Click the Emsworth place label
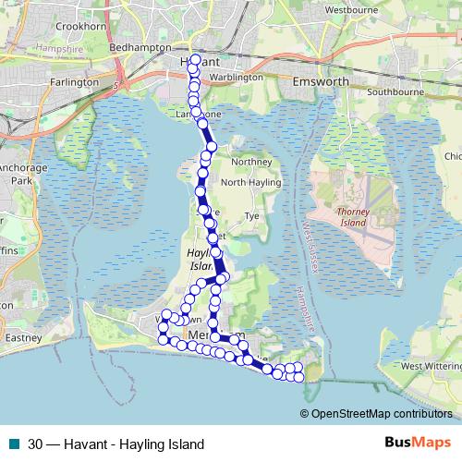coord(320,81)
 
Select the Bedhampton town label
coord(140,45)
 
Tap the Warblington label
coord(237,78)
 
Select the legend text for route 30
coord(115,444)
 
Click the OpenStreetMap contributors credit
coord(382,413)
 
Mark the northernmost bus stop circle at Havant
coord(195,58)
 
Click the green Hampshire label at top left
coord(51,46)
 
